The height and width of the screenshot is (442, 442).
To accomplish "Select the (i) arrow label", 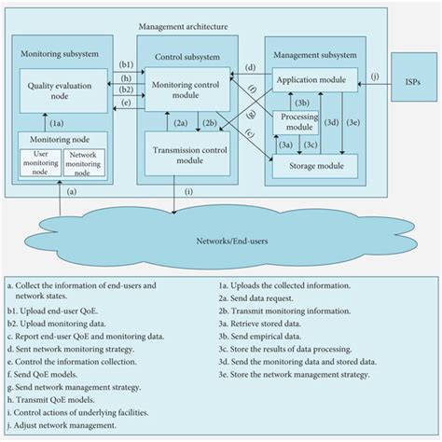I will pos(189,193).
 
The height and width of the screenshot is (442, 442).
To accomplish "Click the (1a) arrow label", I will pos(56,121).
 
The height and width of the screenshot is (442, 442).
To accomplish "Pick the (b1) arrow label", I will pos(127,64).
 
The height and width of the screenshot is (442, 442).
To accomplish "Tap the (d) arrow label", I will pos(250,68).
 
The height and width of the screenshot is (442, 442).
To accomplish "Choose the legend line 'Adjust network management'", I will pos(67,424).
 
